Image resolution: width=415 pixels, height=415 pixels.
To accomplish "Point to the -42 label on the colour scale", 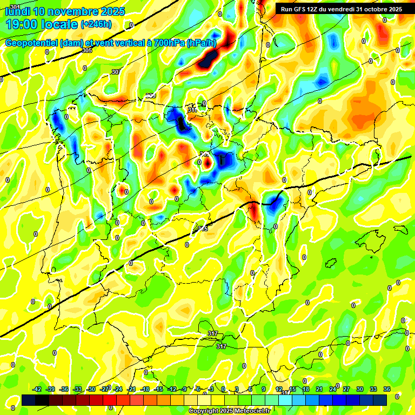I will pos(37,389).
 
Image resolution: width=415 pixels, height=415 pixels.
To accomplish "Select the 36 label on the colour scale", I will pos(387,389).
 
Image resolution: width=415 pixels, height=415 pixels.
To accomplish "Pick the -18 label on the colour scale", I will pos(145,389).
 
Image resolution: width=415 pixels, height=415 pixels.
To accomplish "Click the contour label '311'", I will pos(192,110).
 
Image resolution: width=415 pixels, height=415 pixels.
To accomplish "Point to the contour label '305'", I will pos(87,50).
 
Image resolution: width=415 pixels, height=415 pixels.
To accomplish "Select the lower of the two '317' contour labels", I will pos(221,346).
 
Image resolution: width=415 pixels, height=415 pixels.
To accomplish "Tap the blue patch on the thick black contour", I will pos(276,203).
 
